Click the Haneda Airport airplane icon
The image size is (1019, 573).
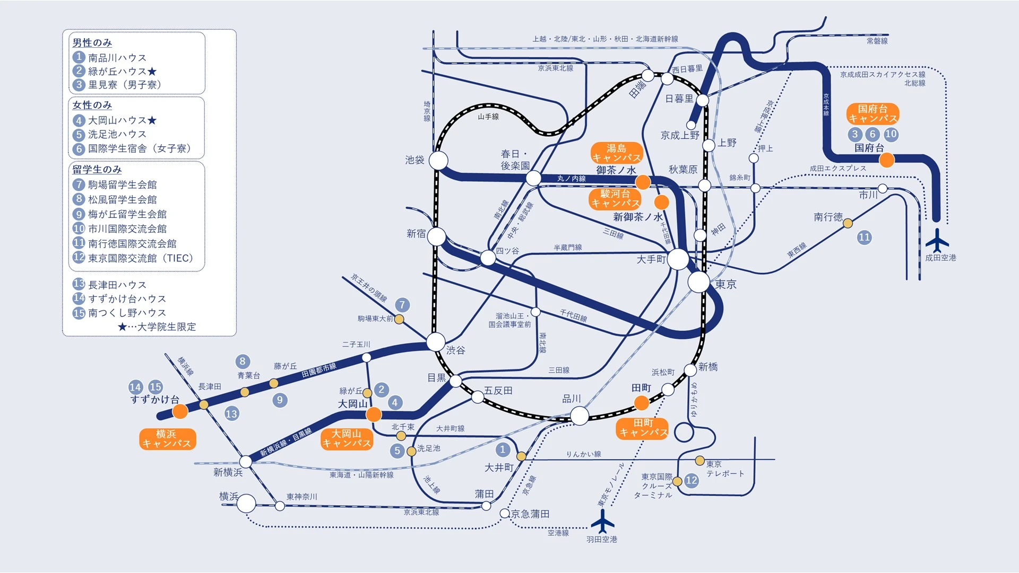click(x=602, y=522)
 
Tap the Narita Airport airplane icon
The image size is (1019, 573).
click(x=937, y=241)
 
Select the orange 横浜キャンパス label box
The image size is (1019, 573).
click(x=167, y=439)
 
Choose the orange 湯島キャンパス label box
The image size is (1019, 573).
click(x=617, y=153)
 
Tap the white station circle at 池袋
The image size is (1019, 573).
click(x=438, y=160)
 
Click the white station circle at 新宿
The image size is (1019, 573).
click(x=437, y=236)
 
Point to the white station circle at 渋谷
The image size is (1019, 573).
click(x=436, y=342)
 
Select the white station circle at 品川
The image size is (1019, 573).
click(x=580, y=416)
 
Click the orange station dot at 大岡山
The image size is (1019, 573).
click(x=374, y=414)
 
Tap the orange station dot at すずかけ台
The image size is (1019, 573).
click(x=180, y=411)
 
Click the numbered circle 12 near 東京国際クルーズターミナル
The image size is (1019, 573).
click(x=691, y=480)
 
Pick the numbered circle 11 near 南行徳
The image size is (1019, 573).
click(x=864, y=237)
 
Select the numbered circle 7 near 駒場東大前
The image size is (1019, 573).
click(x=402, y=305)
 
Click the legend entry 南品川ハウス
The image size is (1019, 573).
click(x=117, y=57)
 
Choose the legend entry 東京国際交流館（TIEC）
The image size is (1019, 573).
click(x=140, y=258)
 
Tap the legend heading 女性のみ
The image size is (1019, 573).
click(x=92, y=105)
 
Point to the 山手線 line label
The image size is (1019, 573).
click(x=488, y=117)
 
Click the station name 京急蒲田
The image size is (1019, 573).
click(x=530, y=514)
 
